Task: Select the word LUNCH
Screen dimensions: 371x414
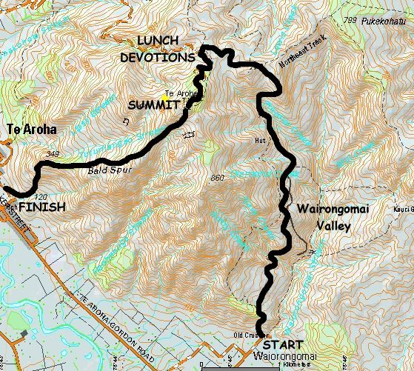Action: tap(158, 41)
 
